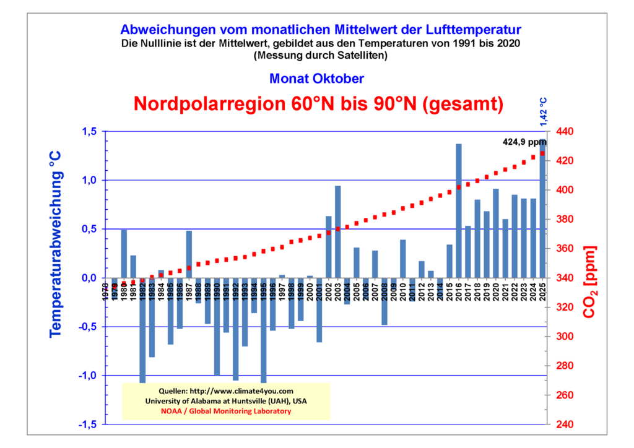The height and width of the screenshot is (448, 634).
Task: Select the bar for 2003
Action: click(338, 231)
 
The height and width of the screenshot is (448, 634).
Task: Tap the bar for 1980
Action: click(124, 254)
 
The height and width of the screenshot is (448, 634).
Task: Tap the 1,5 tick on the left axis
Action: click(90, 131)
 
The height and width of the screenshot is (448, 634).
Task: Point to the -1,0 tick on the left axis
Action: click(89, 376)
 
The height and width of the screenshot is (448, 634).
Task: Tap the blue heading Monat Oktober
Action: click(316, 79)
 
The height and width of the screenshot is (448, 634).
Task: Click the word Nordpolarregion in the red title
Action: click(207, 103)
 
